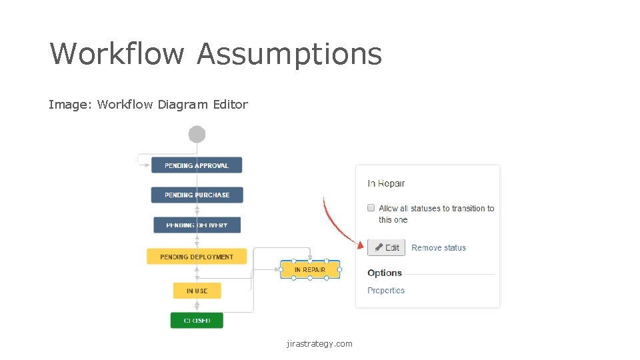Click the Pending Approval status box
197,165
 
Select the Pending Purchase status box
197,195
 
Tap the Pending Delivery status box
197,225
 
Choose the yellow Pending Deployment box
197,257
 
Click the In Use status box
197,291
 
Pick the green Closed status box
197,321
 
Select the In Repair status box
310,269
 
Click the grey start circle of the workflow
197,135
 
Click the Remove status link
439,248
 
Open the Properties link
386,291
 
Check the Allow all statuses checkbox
371,208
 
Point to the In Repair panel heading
386,183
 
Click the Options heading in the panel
385,273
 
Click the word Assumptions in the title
289,54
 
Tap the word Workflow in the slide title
117,54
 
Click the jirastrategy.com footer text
319,344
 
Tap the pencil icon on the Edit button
379,247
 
